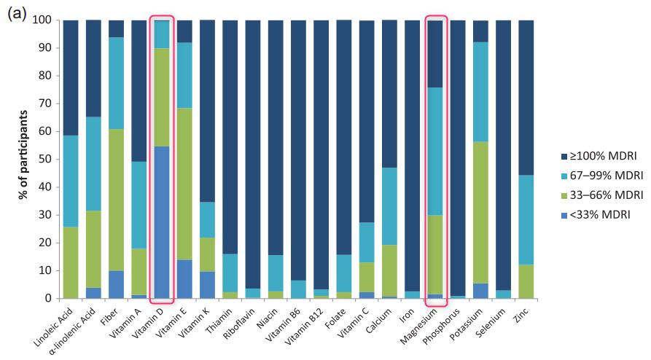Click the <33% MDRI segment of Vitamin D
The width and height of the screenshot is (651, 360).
(162, 222)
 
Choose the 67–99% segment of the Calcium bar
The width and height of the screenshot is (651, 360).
(389, 206)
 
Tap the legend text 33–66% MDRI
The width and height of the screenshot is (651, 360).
(607, 195)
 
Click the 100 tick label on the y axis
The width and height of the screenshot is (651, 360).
(44, 20)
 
